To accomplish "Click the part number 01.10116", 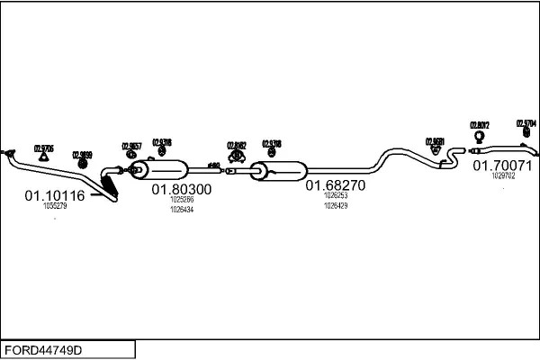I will pos(54,195).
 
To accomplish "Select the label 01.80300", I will pos(181,190).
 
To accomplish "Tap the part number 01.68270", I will pos(335,185).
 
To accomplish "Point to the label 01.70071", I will pos(502,166).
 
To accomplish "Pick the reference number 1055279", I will pos(55,206).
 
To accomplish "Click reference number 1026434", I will pos(181,209).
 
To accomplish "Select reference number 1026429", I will pos(335,205).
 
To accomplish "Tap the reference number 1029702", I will pos(503,176).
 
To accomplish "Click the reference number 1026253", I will pos(335,194).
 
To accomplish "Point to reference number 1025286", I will pos(181,200).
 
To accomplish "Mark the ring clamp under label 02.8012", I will pos(479,138).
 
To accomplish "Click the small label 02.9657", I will pos(130,146).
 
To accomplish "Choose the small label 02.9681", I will pos(434,141).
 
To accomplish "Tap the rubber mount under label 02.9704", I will pos(526,135).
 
